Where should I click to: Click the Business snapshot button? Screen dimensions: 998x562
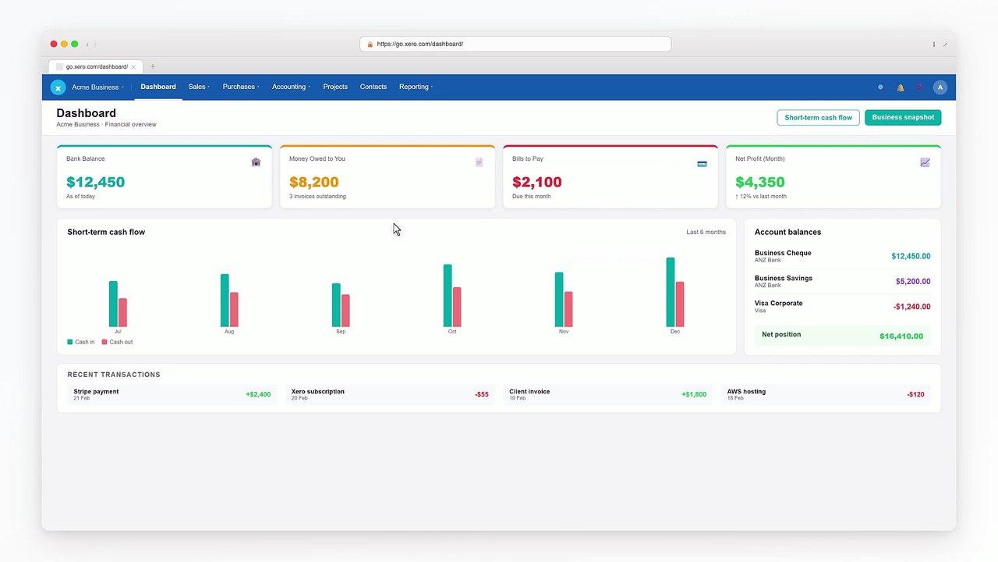pos(903,117)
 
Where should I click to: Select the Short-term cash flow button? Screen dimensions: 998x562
pos(818,117)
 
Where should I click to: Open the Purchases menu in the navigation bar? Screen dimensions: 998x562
pos(241,87)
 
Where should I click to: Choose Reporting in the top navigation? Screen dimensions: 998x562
pos(416,87)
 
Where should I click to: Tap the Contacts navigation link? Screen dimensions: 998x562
pos(373,87)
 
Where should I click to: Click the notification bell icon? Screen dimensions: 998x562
pos(901,87)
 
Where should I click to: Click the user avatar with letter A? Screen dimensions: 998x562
pos(940,87)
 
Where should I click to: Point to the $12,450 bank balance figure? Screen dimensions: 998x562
pos(95,182)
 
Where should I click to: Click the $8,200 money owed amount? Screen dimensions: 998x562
pos(313,182)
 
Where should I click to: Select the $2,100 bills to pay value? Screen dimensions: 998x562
pos(537,182)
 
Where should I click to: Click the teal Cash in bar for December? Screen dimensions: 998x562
pos(670,292)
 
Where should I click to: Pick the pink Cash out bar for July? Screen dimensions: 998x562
pos(122,313)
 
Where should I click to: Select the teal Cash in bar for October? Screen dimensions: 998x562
pos(448,296)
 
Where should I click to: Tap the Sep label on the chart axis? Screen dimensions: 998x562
pos(341,332)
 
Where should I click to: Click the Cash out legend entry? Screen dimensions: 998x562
pos(117,342)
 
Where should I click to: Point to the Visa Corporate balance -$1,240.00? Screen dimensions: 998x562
pos(911,307)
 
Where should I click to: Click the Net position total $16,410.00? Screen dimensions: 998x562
pos(901,336)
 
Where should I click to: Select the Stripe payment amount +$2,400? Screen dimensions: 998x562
pos(258,394)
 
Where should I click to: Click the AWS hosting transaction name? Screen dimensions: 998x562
pos(746,392)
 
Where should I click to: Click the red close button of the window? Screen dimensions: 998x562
pos(54,44)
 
